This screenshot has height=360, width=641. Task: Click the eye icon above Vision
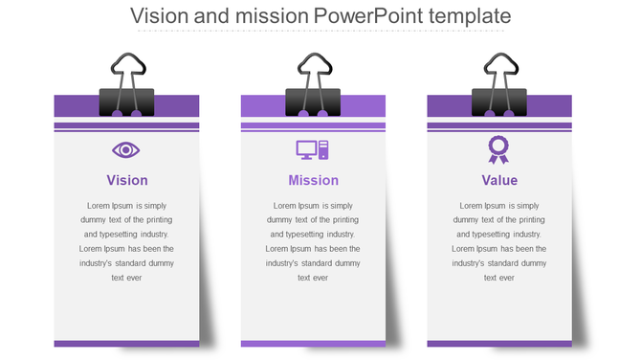pyautogui.click(x=126, y=149)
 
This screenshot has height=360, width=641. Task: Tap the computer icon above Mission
pyautogui.click(x=313, y=149)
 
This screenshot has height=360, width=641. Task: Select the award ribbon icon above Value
pyautogui.click(x=498, y=148)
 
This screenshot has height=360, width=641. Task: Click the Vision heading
pyautogui.click(x=126, y=180)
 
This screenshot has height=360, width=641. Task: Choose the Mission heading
pyautogui.click(x=313, y=180)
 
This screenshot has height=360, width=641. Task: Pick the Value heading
pyautogui.click(x=499, y=180)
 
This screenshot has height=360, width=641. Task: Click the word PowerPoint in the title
pyautogui.click(x=369, y=16)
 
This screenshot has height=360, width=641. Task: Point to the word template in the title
pyautogui.click(x=471, y=16)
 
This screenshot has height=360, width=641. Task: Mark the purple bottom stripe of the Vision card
pyautogui.click(x=126, y=344)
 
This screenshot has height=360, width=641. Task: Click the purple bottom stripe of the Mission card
pyautogui.click(x=313, y=344)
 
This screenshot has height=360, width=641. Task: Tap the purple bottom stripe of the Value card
pyautogui.click(x=499, y=344)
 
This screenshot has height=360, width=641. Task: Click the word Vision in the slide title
pyautogui.click(x=158, y=16)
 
